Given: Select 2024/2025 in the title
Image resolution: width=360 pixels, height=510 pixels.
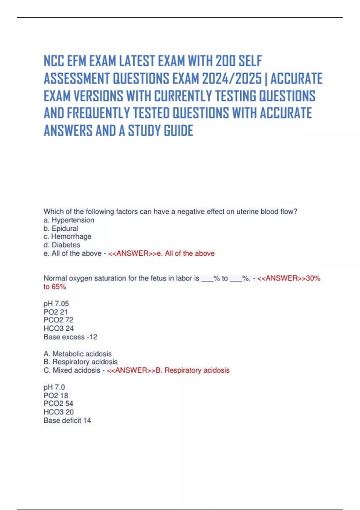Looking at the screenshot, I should [x=232, y=79].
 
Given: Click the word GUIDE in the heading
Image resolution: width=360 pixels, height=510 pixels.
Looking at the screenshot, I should [x=178, y=131].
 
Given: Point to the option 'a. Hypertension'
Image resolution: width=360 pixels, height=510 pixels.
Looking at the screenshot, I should [x=69, y=220].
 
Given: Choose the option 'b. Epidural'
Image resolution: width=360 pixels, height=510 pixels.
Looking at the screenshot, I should [x=61, y=228].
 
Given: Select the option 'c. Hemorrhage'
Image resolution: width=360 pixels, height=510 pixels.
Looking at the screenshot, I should [x=67, y=236].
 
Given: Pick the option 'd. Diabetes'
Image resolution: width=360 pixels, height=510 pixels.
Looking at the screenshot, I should [x=62, y=245].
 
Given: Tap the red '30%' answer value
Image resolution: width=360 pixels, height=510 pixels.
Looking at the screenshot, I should [x=313, y=278].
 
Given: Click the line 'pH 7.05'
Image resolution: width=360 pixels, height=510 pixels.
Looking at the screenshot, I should [x=56, y=304].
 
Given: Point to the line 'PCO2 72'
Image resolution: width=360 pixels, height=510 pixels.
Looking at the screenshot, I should [x=58, y=320].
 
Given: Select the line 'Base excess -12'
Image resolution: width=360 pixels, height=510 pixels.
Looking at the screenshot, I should [x=70, y=337].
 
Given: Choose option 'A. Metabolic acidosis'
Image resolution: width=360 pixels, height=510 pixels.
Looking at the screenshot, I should [x=78, y=354].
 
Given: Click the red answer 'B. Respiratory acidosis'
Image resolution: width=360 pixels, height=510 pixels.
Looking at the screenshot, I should [x=193, y=370].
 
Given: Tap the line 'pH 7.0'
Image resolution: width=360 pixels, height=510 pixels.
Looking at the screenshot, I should [x=54, y=387].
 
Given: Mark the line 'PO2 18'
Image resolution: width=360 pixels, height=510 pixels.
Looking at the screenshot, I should [x=56, y=395].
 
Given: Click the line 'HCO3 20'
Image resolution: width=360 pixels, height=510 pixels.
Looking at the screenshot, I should [x=58, y=412].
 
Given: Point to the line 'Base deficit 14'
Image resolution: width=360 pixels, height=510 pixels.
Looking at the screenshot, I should [x=67, y=420].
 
